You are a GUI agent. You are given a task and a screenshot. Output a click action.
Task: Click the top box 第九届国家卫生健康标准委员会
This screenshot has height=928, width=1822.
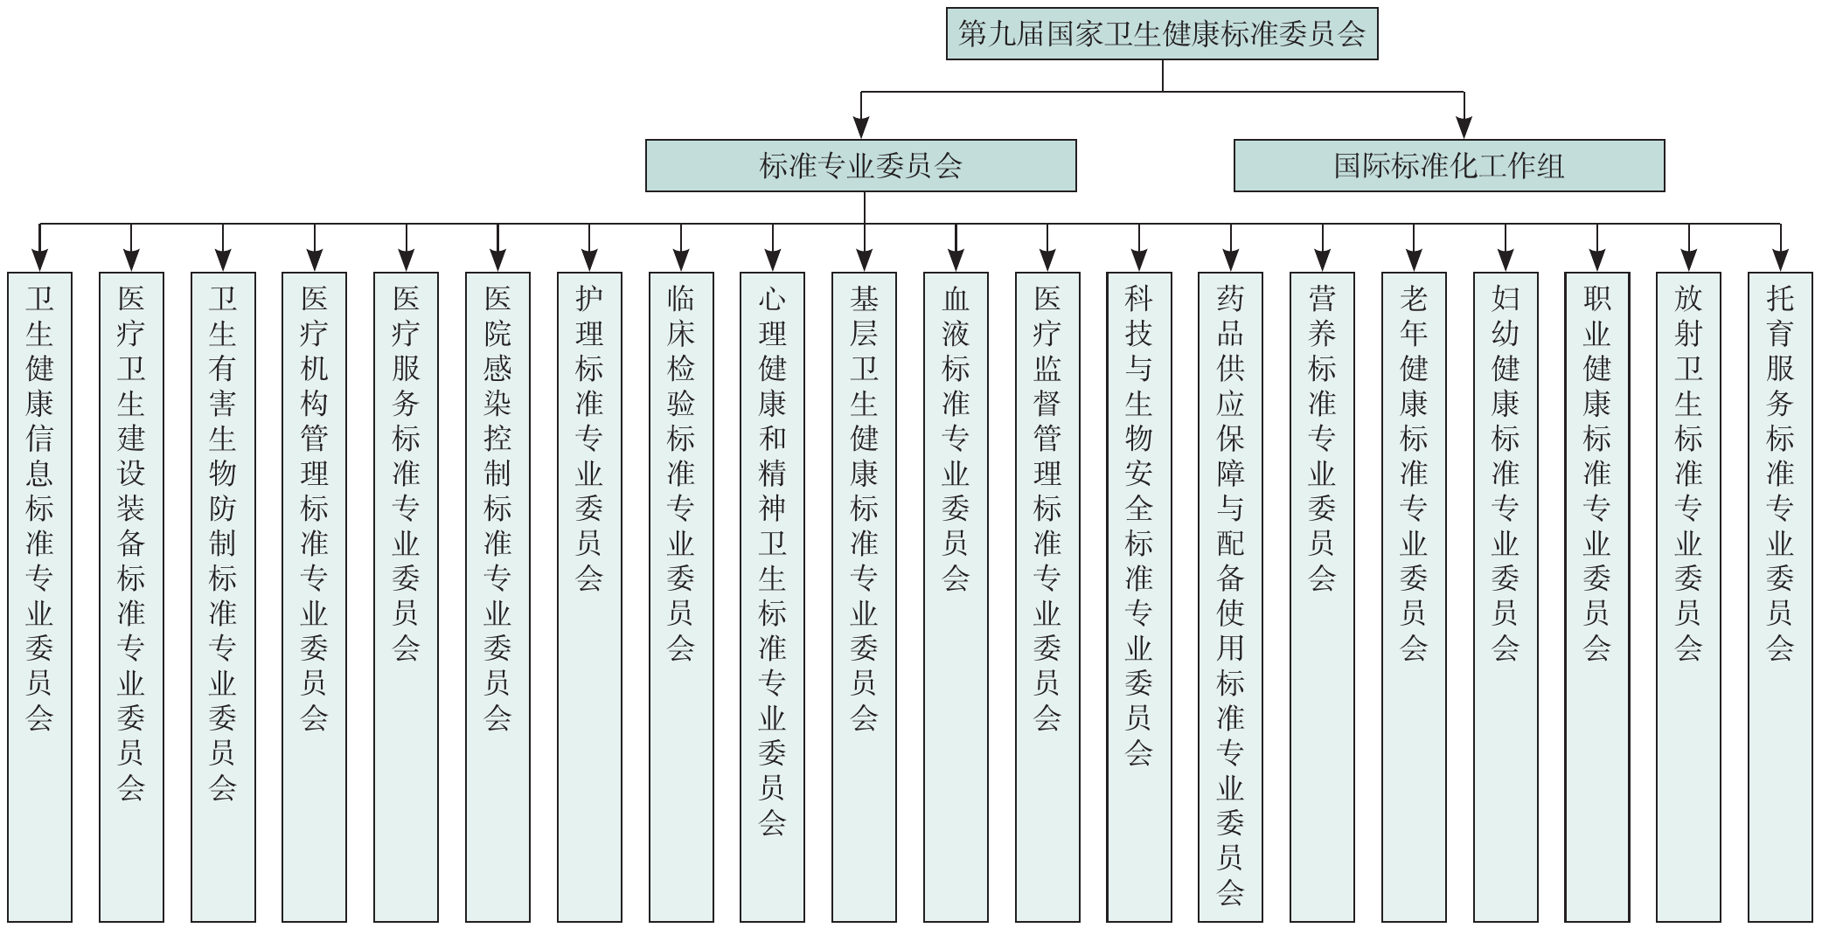[1162, 34]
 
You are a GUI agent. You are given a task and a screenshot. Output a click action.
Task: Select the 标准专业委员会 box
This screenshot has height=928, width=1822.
[861, 165]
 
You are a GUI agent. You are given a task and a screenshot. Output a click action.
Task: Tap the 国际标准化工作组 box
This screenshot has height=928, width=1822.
[1449, 165]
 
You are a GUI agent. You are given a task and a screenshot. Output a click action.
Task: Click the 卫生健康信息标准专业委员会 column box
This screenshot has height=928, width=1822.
[40, 598]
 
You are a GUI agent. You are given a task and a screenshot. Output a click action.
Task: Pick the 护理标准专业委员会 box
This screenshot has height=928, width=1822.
[589, 598]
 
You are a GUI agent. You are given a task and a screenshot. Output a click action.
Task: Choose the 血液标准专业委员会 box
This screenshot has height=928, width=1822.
[956, 598]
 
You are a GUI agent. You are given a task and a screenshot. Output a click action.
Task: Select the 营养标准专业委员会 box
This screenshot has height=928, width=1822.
[1322, 598]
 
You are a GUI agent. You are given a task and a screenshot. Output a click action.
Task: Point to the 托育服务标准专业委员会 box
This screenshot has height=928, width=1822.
[1780, 598]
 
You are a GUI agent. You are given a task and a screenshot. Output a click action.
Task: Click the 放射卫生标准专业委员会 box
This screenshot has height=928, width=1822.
[1688, 598]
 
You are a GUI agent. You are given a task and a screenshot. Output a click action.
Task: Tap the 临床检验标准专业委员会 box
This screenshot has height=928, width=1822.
[681, 598]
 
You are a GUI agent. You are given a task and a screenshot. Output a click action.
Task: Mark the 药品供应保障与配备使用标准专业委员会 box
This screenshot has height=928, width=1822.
[1230, 598]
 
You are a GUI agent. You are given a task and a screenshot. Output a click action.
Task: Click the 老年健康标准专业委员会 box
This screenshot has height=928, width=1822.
[1414, 598]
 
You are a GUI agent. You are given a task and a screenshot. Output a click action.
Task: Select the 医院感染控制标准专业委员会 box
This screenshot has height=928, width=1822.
[497, 598]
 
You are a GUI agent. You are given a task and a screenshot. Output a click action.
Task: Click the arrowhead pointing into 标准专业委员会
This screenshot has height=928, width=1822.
[861, 128]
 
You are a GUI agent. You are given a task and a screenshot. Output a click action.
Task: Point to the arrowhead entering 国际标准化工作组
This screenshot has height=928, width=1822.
[1464, 128]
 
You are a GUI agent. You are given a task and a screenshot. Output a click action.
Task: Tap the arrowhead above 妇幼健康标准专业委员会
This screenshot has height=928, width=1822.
[1506, 260]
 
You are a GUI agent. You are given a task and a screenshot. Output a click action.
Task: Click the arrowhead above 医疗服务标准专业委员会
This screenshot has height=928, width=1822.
[407, 260]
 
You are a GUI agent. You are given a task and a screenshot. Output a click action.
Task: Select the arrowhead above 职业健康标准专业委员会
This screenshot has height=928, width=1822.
[1597, 260]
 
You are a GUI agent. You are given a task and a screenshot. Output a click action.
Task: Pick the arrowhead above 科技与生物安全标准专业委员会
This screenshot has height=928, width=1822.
[1139, 260]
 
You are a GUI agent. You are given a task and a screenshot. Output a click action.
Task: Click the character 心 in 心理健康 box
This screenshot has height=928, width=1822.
[772, 299]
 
